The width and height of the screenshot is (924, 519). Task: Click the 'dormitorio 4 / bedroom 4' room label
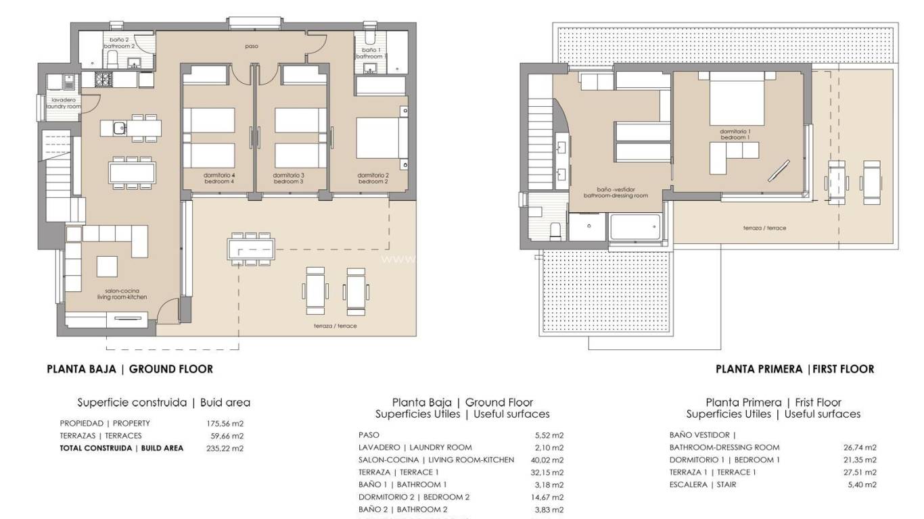tap(218, 178)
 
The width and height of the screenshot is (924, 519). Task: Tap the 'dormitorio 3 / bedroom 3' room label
tap(288, 178)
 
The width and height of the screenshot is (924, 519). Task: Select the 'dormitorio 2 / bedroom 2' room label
tap(373, 178)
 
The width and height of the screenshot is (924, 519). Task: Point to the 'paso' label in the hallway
tap(252, 47)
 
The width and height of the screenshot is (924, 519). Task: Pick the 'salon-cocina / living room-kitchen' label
tap(122, 294)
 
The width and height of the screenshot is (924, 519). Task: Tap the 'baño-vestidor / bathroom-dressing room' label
tap(616, 193)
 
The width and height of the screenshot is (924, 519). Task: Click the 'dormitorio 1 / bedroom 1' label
tap(735, 134)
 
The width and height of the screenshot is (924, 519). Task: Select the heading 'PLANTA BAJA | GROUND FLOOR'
tap(130, 369)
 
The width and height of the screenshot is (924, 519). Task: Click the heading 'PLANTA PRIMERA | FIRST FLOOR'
tap(795, 369)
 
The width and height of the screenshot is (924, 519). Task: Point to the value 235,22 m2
tap(225, 448)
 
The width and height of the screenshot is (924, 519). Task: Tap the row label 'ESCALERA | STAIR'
tap(703, 485)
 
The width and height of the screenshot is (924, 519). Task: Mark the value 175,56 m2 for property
tap(225, 423)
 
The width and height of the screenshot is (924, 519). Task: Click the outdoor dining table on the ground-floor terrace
tap(251, 248)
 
